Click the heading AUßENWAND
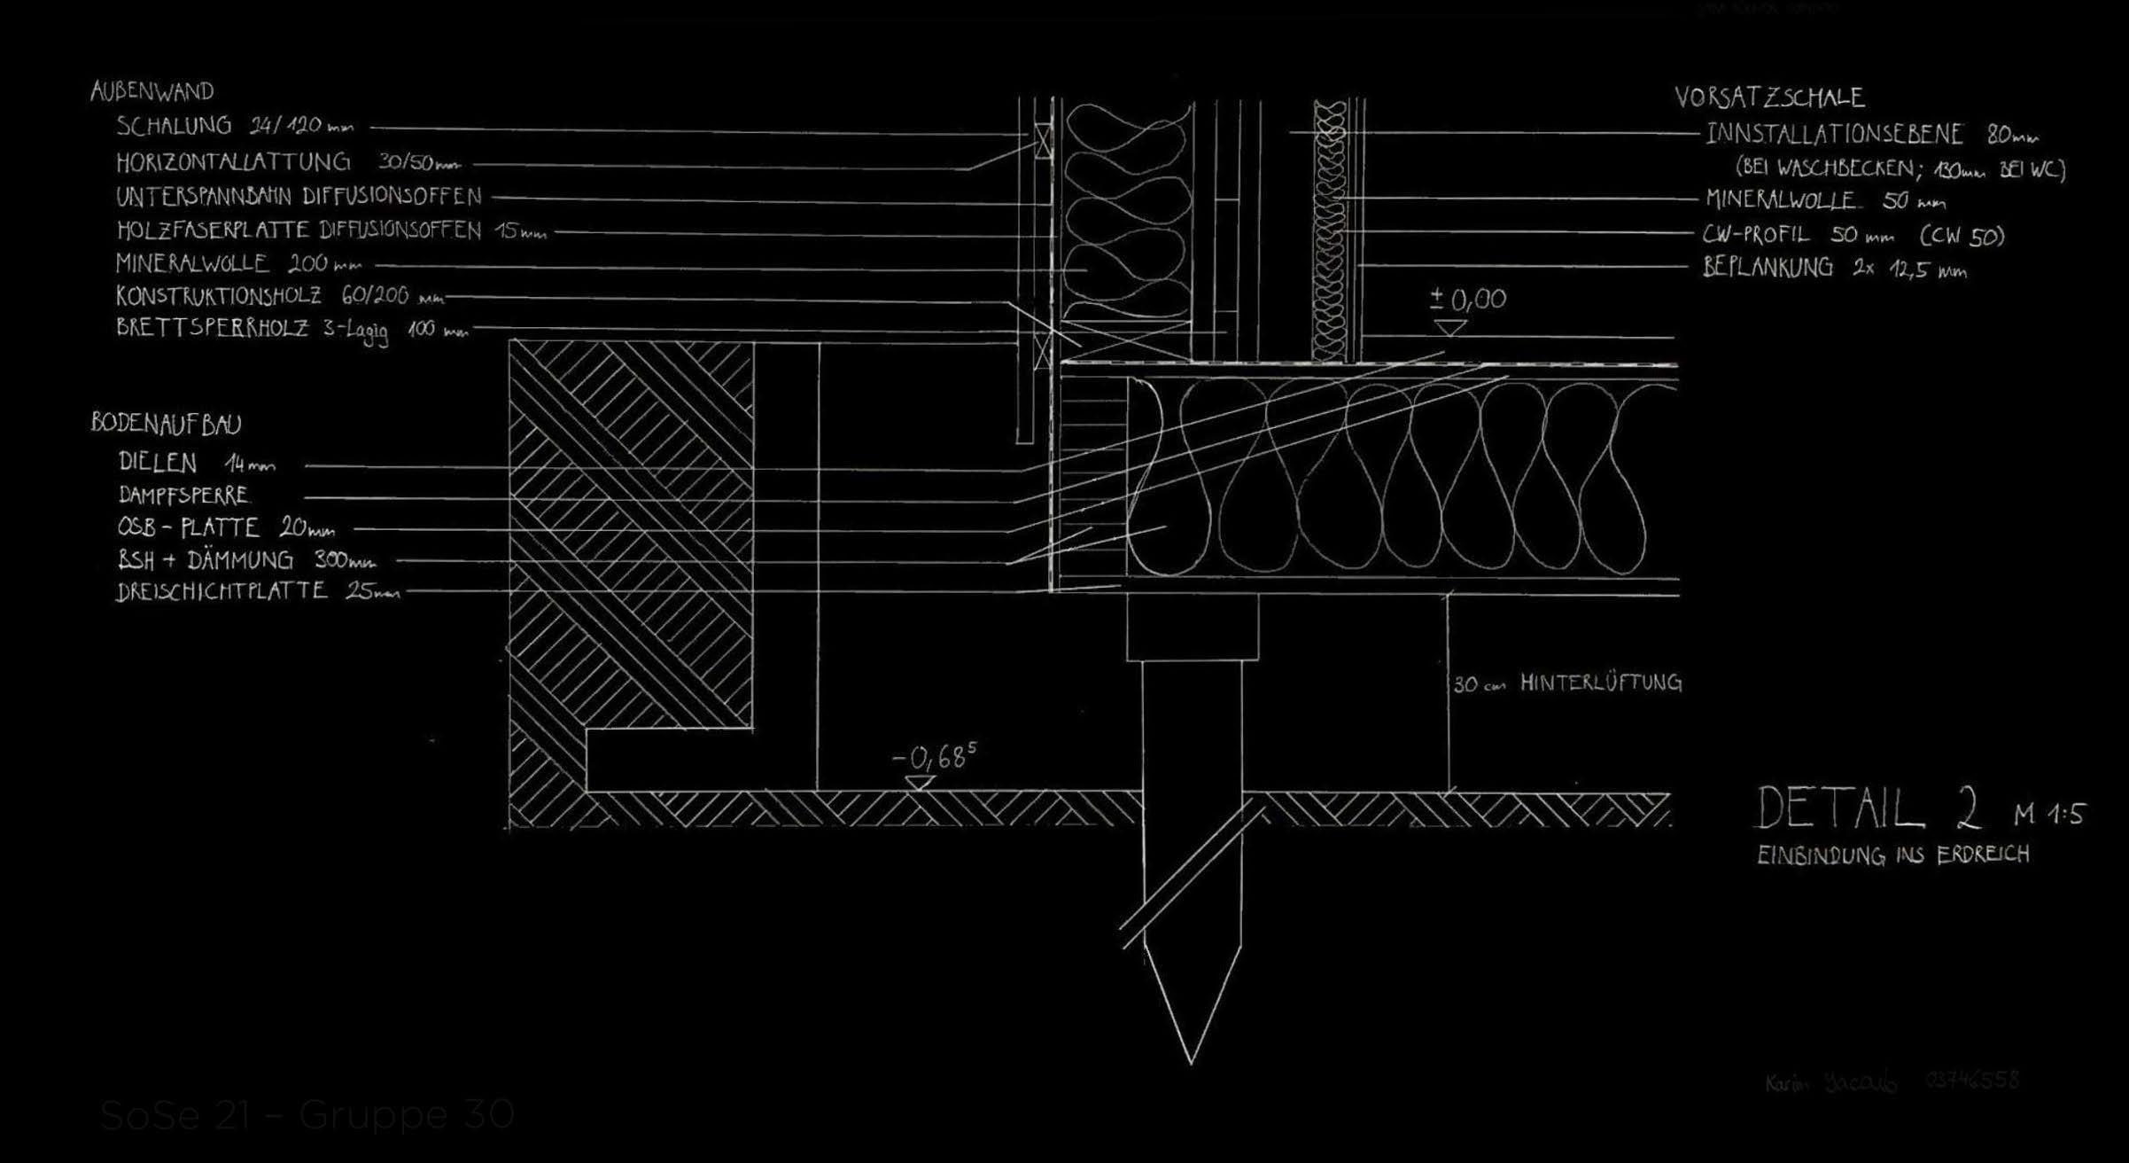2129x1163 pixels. tap(152, 91)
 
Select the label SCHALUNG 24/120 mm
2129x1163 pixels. tap(234, 127)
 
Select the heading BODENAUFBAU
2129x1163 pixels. tap(166, 424)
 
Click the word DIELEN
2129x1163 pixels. tap(158, 462)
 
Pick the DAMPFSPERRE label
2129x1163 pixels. tap(183, 495)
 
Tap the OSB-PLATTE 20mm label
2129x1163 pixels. tap(226, 528)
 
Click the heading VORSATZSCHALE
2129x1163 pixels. tap(1768, 98)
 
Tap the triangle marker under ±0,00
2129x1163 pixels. tap(1450, 328)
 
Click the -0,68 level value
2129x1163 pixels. tap(932, 759)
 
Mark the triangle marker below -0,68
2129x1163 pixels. tap(920, 783)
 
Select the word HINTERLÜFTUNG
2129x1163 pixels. tap(1600, 683)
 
